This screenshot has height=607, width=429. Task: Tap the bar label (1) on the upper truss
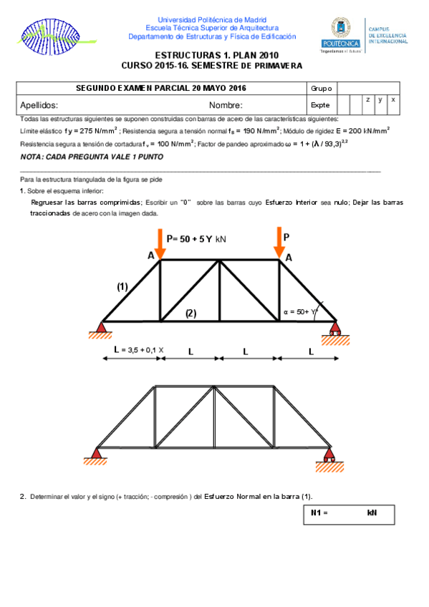(x=122, y=286)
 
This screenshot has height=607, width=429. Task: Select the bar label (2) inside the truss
(x=191, y=313)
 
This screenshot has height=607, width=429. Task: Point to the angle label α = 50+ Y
(x=301, y=312)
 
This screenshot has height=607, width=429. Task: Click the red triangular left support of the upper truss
(x=100, y=329)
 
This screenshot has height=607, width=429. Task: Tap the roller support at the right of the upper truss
(x=334, y=330)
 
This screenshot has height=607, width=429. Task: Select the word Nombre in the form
(x=226, y=105)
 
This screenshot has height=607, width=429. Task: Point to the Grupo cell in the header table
(x=322, y=88)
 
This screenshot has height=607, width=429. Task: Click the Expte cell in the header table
(x=321, y=105)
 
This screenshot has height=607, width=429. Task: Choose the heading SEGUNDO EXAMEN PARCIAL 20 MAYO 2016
(x=161, y=88)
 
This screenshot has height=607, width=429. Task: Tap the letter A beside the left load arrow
(x=150, y=256)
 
